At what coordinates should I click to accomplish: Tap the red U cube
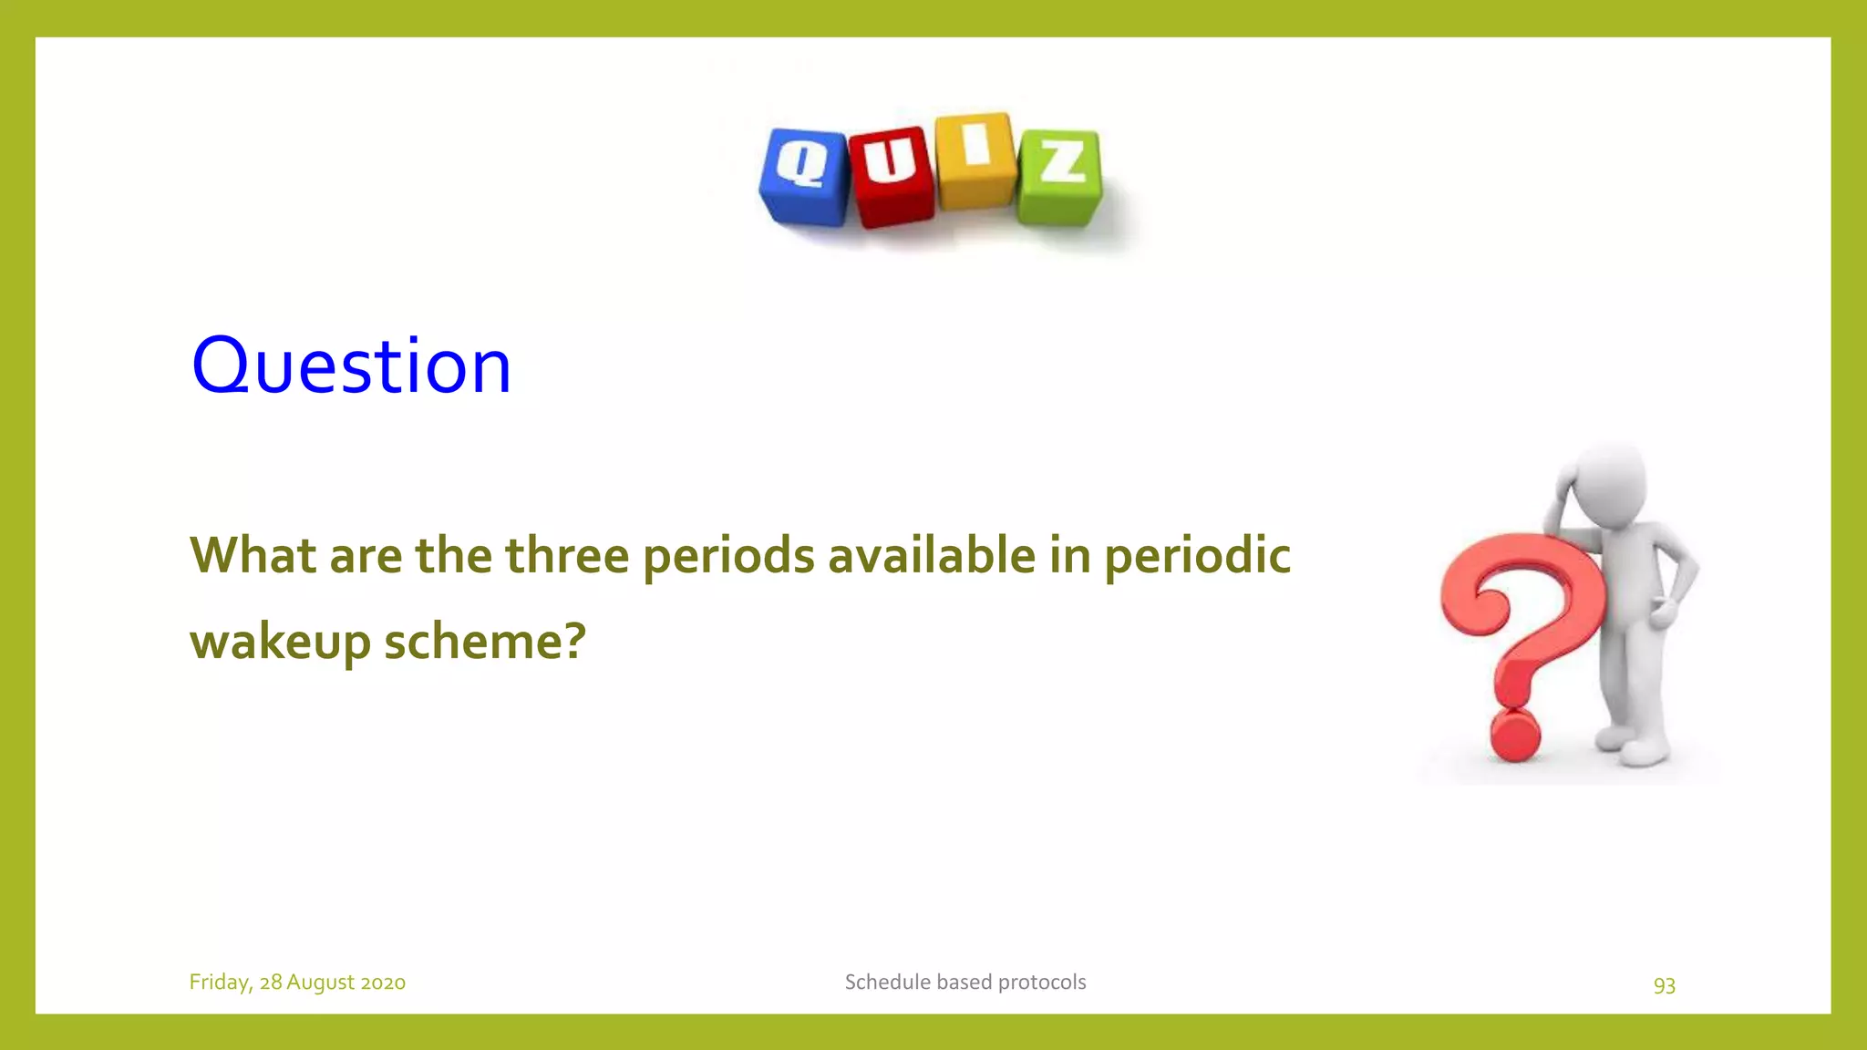pos(891,177)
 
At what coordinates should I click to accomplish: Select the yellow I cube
pos(975,161)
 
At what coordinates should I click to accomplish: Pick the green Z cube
pos(1059,178)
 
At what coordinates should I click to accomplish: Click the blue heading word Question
pos(351,365)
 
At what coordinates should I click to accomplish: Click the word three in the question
pos(567,555)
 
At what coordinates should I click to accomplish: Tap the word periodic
pos(1197,557)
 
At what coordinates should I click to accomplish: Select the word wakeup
pos(280,643)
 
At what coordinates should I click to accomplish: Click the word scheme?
pos(484,641)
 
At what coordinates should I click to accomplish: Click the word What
pos(253,555)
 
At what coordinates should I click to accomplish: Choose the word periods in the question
pos(728,557)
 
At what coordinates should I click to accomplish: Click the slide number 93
pos(1664,985)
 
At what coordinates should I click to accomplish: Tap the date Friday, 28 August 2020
pos(297,983)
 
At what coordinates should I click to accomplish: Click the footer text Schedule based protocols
pos(964,983)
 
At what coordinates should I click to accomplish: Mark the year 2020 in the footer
pos(383,983)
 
